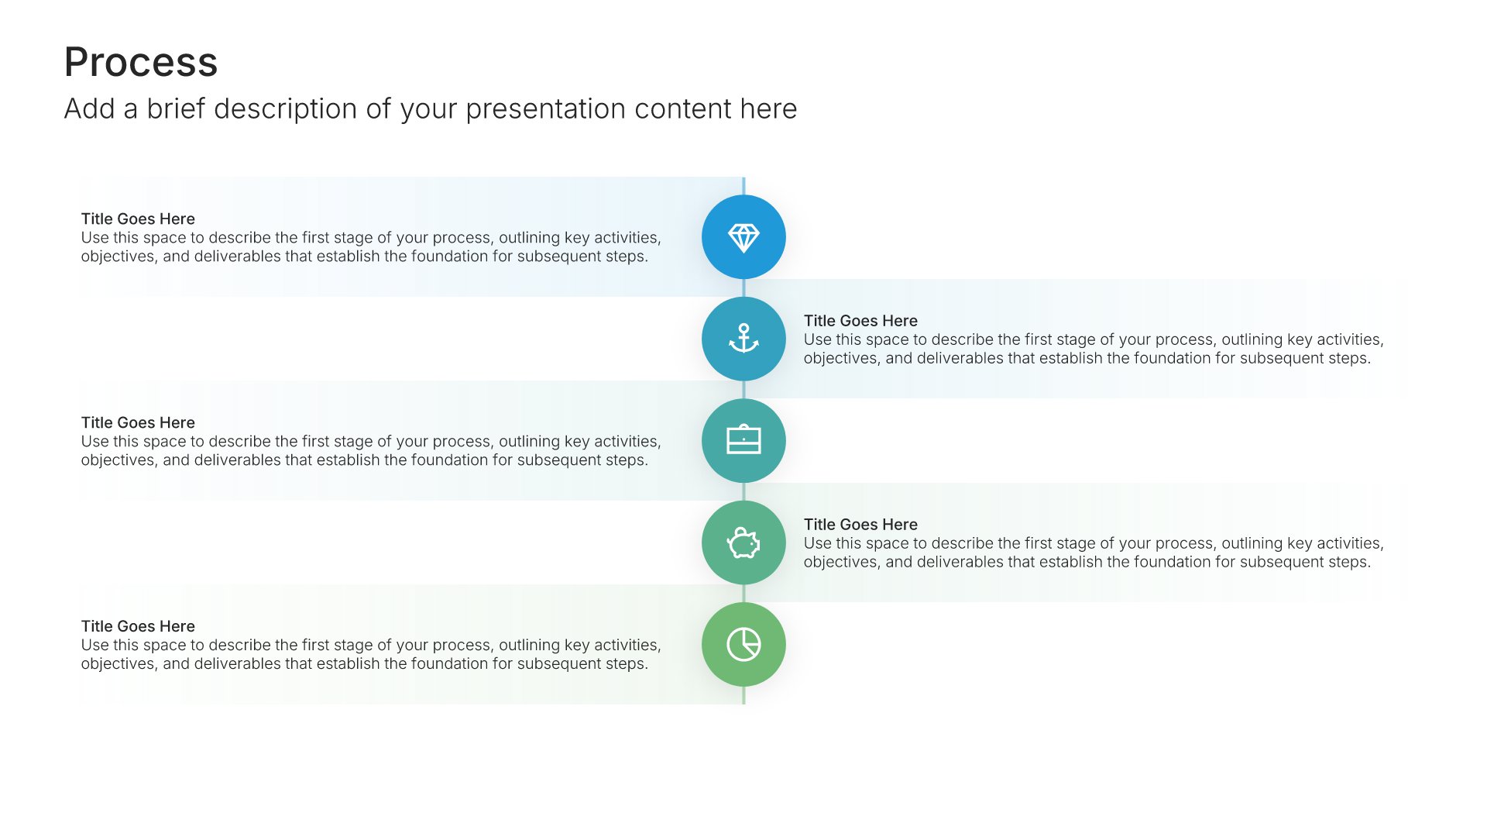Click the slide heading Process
tap(141, 62)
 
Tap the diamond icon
tap(743, 238)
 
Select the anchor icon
tap(743, 339)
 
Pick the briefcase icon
tap(743, 439)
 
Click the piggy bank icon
tap(743, 542)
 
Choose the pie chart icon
tap(743, 644)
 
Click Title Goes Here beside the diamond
tap(138, 219)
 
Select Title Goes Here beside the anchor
tap(860, 321)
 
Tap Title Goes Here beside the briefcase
tap(138, 422)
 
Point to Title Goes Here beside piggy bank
tap(860, 525)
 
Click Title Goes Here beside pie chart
tap(138, 626)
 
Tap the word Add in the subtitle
tap(89, 108)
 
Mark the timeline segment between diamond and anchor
tap(743, 288)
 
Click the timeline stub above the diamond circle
tap(743, 186)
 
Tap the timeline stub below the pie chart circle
tap(743, 695)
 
